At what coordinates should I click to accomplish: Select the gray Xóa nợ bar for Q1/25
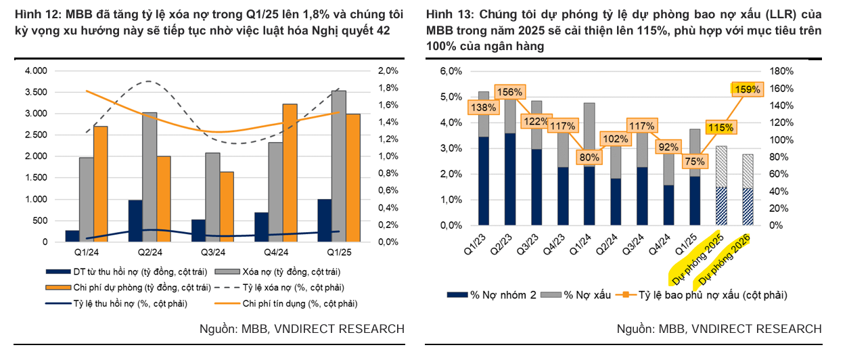[339, 166]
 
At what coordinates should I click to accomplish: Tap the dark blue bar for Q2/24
[135, 221]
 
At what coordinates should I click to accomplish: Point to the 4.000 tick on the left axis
[37, 71]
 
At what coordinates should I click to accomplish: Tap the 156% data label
[510, 92]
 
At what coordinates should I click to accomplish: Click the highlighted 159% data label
[746, 89]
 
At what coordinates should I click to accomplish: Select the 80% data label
[589, 157]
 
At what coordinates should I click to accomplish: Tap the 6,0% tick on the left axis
[450, 71]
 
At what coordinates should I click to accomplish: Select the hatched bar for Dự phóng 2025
[722, 185]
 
